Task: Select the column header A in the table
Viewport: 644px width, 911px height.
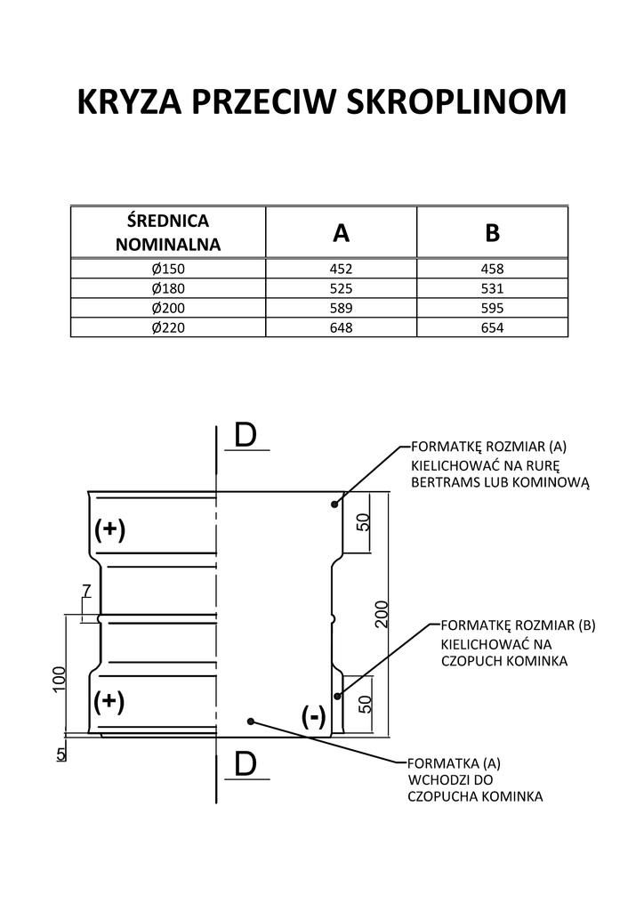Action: (341, 233)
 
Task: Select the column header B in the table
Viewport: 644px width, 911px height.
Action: (492, 233)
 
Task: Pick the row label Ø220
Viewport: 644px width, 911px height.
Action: (167, 328)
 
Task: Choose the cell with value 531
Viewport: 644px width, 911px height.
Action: (492, 289)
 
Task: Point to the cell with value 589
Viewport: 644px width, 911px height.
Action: (341, 309)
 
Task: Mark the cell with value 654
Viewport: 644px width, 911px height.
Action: (492, 328)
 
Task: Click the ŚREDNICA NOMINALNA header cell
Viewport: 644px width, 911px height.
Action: (168, 231)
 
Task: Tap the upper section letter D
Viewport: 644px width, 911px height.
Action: (246, 435)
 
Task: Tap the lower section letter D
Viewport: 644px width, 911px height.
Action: (246, 763)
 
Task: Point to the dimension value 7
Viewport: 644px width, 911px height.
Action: (85, 591)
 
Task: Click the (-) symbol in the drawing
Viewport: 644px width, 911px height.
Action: (313, 716)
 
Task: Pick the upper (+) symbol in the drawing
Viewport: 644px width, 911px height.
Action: (110, 530)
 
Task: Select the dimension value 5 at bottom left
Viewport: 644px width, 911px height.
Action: (60, 754)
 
